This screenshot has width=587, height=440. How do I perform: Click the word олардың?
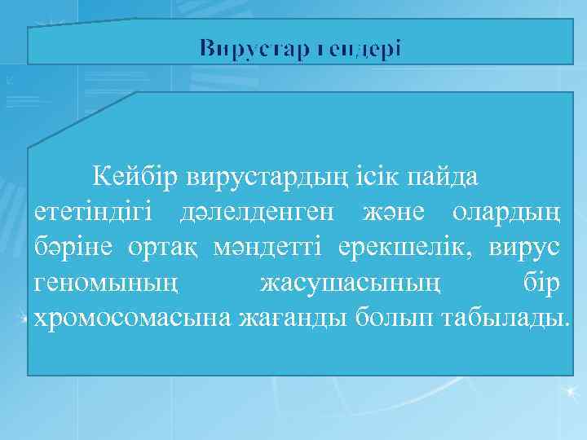pos(505,212)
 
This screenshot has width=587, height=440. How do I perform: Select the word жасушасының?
pos(352,282)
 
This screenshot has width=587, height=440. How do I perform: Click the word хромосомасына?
pos(133,317)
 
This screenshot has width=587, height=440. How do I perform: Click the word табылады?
pos(506,317)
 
